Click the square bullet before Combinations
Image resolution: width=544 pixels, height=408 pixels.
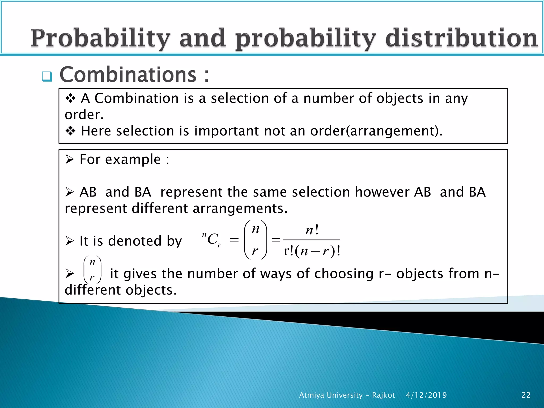pos(47,76)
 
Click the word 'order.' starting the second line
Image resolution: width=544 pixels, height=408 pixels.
pos(84,115)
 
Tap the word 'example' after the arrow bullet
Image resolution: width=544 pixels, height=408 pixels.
pos(133,160)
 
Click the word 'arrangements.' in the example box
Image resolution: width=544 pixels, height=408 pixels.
pos(240,209)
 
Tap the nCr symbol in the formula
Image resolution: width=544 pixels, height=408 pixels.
pos(212,240)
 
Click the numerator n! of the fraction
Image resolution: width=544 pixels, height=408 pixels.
pos(312,230)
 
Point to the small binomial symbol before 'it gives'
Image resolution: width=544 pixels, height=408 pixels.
pos(92,270)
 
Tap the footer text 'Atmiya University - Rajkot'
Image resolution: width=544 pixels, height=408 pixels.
pos(347,395)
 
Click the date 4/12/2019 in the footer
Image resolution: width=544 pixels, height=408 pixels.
pos(426,395)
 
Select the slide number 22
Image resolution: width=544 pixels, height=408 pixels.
pos(526,395)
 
